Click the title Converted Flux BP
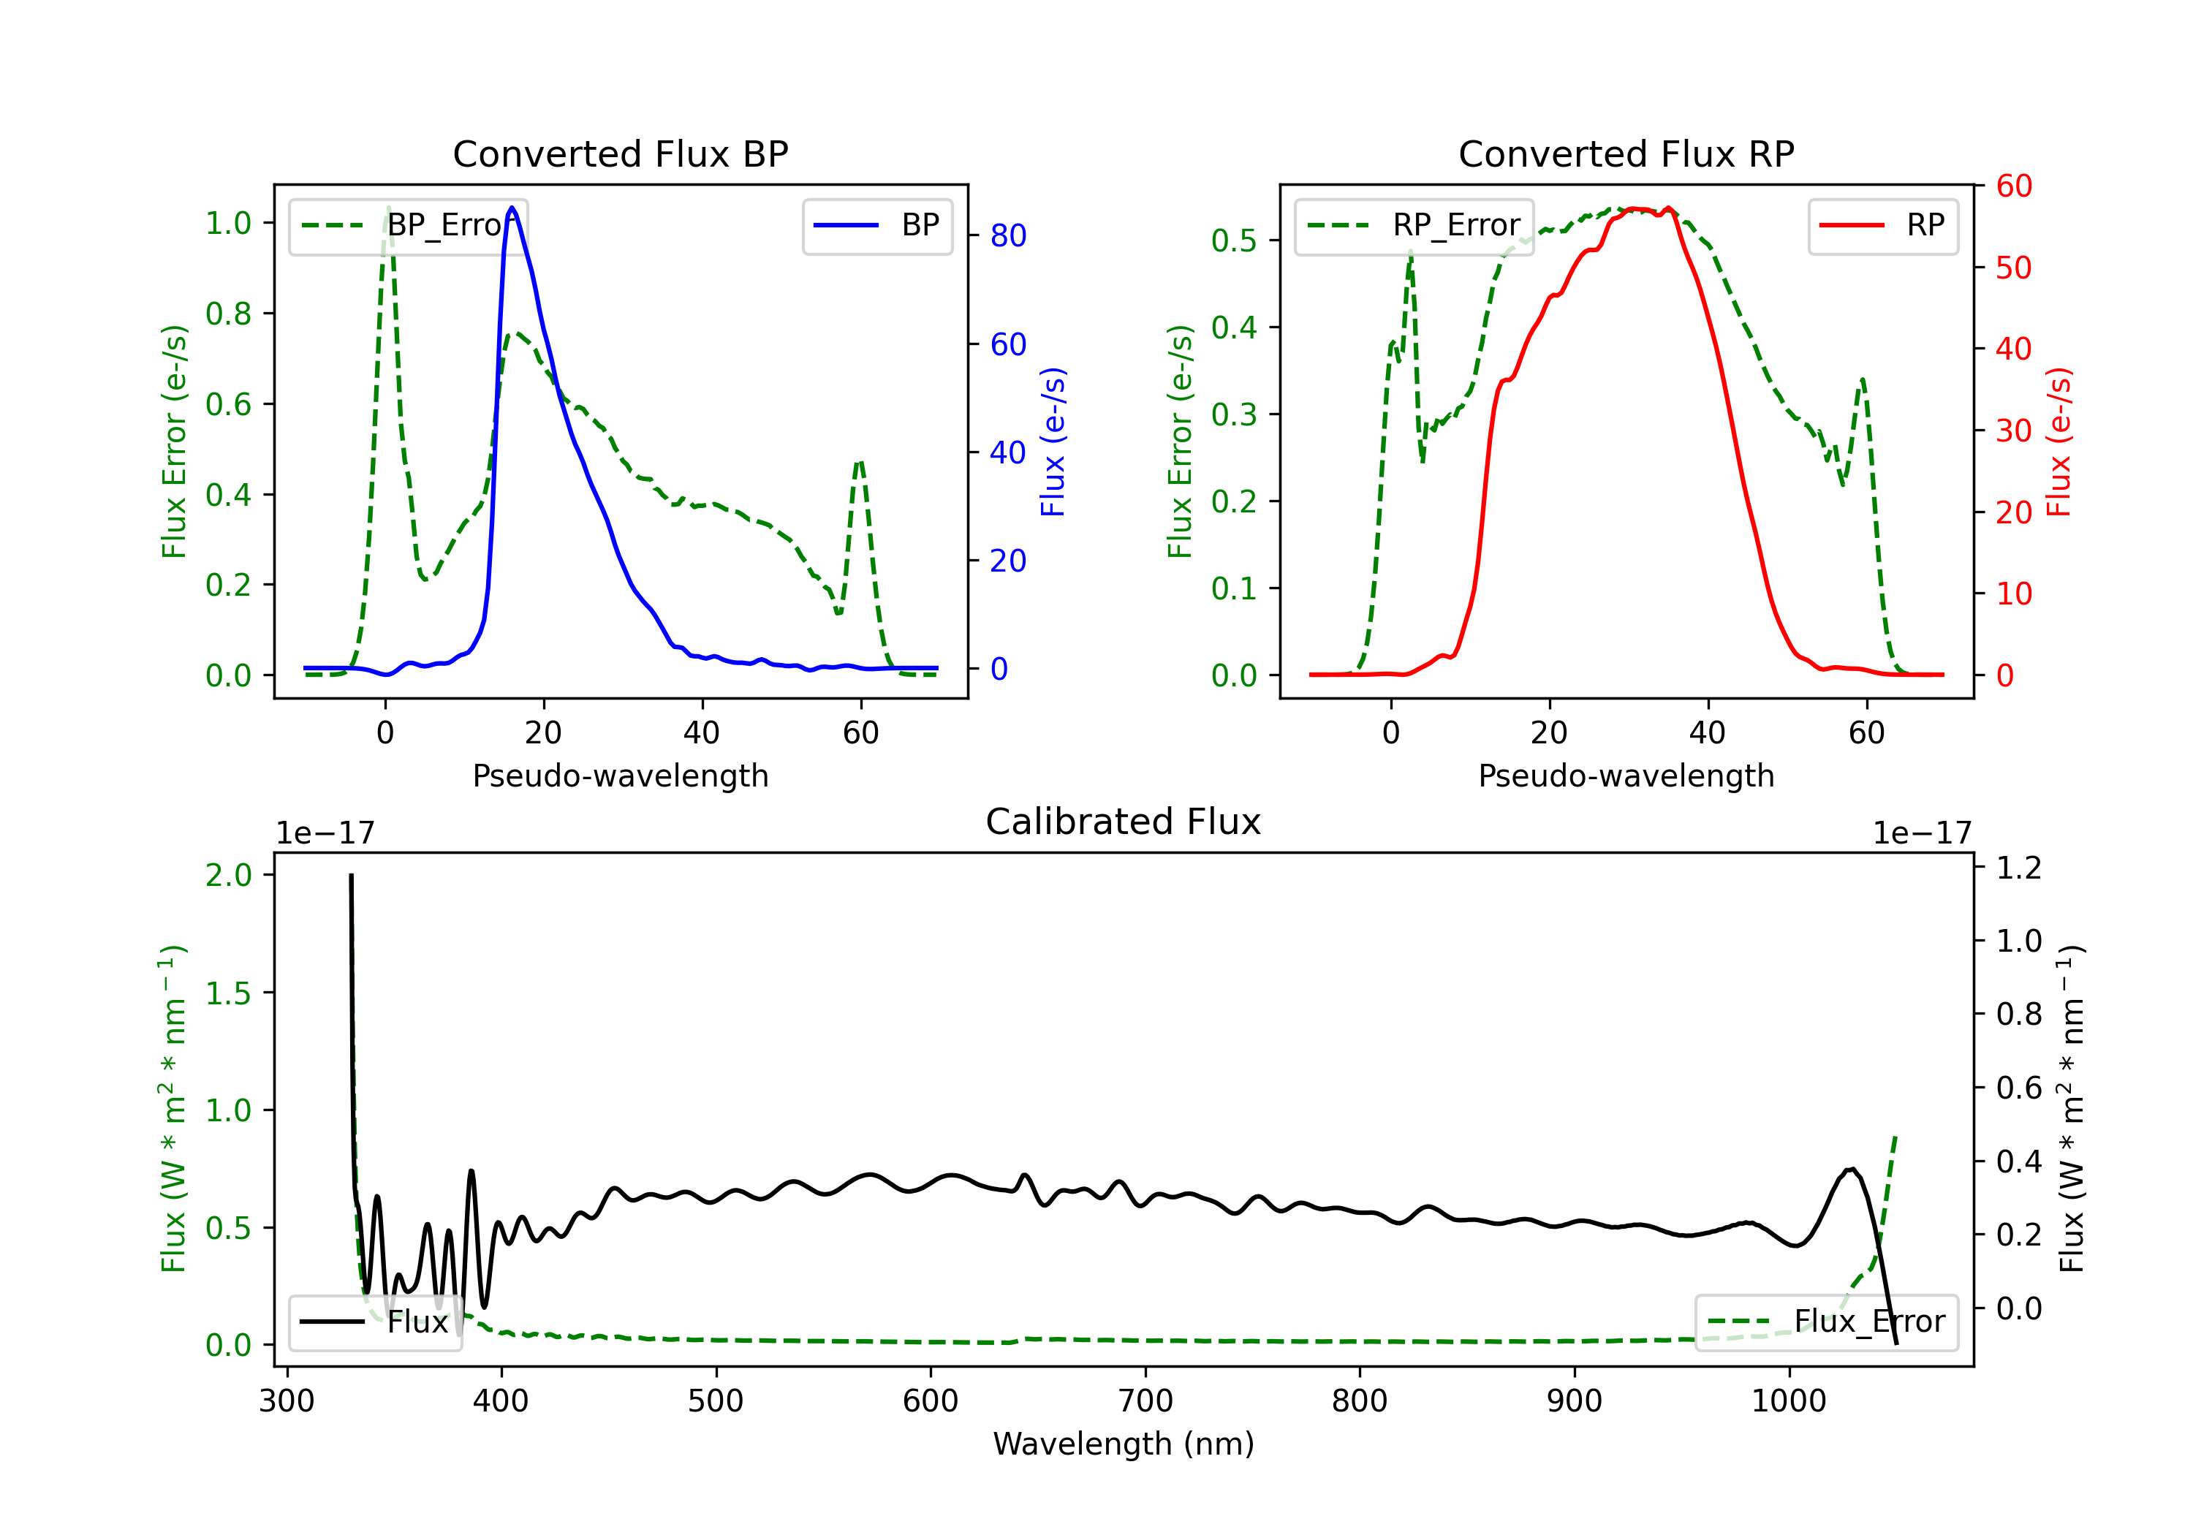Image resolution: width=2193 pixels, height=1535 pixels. [620, 153]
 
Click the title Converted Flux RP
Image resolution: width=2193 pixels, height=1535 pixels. [1626, 153]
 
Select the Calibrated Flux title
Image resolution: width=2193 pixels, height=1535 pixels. [1124, 822]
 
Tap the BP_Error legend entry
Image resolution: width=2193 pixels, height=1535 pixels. [408, 225]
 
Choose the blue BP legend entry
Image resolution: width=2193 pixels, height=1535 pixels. [876, 225]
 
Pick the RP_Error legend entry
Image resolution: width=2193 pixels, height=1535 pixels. [1414, 225]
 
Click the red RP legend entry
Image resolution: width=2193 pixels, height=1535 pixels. [1882, 225]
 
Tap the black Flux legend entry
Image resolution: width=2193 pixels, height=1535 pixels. [374, 1322]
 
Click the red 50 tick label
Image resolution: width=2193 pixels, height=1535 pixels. [2013, 268]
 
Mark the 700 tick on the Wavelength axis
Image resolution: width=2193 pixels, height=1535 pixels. [1145, 1401]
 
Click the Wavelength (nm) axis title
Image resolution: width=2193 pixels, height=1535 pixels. [1124, 1444]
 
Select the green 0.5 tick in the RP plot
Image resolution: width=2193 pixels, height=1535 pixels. [1234, 240]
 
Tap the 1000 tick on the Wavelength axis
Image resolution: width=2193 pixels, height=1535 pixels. [1789, 1401]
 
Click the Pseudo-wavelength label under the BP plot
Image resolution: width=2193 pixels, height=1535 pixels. [620, 776]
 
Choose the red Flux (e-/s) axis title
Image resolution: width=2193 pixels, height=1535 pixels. [2058, 441]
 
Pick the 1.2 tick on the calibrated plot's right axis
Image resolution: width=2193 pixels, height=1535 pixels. [2019, 868]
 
